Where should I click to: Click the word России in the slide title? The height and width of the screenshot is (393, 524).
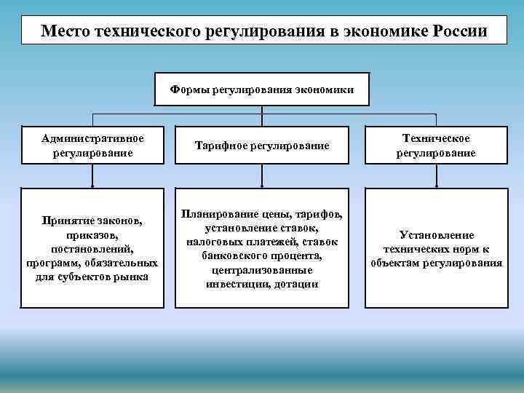pos(458,31)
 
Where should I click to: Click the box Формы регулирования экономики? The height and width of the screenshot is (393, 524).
pos(262,89)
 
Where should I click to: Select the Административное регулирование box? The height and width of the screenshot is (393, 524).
pos(92,146)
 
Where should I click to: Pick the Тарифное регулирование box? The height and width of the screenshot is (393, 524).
pos(262,146)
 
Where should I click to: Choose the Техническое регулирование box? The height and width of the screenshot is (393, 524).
pos(436,146)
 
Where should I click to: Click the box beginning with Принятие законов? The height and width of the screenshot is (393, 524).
pos(92,248)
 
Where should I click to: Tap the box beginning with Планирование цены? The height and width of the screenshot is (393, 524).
pos(262,248)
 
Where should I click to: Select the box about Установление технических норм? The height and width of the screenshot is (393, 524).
pos(436,248)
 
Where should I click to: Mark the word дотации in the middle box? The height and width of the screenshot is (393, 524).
pos(297,284)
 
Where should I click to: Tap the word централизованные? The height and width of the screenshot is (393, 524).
pos(262,270)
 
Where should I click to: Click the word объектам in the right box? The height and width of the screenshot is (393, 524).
pos(394,263)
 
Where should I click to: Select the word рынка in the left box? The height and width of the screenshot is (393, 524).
pos(132,277)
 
